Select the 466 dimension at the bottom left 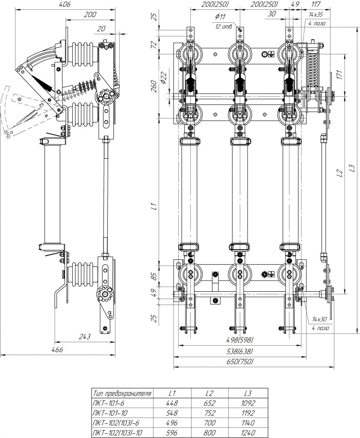57,350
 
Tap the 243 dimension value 85,337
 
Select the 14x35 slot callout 316,15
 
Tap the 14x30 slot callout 319,319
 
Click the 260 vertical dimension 154,86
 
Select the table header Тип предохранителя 122,393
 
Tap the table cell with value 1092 248,403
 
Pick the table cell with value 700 210,423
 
